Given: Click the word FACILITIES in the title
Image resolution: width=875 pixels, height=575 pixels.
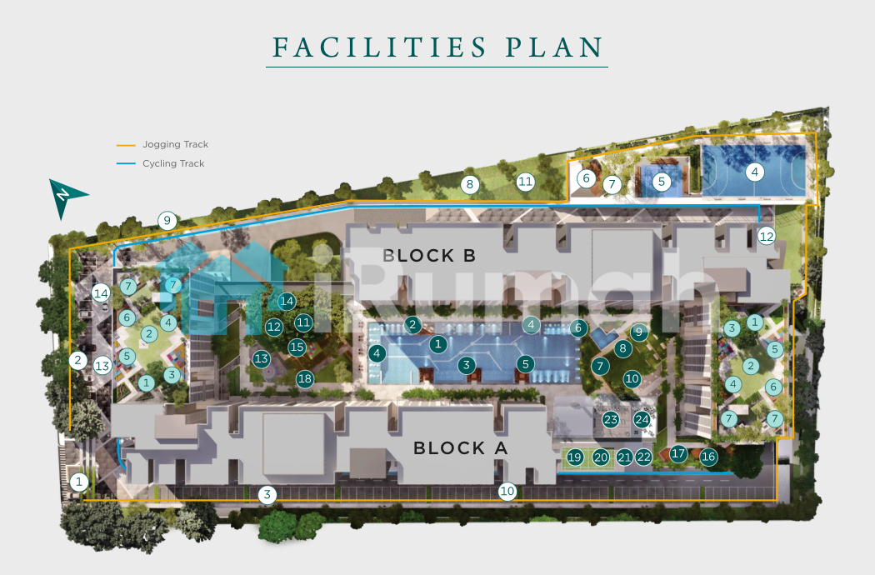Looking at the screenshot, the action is (379, 47).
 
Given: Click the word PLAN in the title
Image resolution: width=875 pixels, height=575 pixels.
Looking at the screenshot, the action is (555, 47).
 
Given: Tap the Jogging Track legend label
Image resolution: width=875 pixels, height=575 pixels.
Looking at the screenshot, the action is (175, 145).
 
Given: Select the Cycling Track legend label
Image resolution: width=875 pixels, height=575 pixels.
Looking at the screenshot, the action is (173, 163).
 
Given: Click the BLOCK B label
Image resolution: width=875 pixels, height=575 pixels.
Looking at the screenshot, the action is (429, 256).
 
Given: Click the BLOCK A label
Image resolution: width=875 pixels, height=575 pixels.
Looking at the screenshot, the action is (460, 448).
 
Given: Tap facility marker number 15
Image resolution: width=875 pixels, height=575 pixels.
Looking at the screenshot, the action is (297, 347).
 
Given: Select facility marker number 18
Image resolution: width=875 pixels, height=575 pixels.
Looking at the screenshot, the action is (305, 379).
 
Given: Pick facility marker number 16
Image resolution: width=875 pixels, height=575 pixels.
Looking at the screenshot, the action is (708, 457).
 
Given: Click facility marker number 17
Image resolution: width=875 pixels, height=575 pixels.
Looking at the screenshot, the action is (678, 453).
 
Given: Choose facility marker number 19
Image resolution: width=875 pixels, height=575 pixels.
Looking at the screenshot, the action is (574, 457).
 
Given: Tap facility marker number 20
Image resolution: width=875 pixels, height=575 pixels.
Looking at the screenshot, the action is (601, 457).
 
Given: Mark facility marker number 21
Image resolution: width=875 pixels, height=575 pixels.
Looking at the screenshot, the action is (624, 457).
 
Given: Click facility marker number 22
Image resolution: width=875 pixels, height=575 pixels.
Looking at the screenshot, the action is (643, 457).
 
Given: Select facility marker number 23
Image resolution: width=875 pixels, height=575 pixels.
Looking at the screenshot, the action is (611, 419).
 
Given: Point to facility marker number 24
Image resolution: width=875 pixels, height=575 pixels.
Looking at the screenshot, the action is (642, 419).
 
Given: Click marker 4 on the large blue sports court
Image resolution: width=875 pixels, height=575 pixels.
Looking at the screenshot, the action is (754, 172).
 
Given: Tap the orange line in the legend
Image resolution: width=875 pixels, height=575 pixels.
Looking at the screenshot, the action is (126, 145).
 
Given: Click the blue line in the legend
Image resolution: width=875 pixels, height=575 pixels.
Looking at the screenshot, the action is (126, 163).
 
